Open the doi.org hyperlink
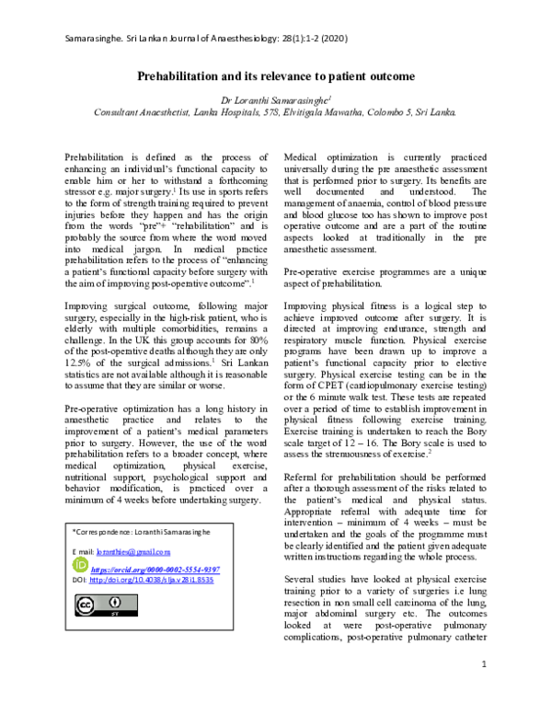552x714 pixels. pyautogui.click(x=155, y=581)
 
